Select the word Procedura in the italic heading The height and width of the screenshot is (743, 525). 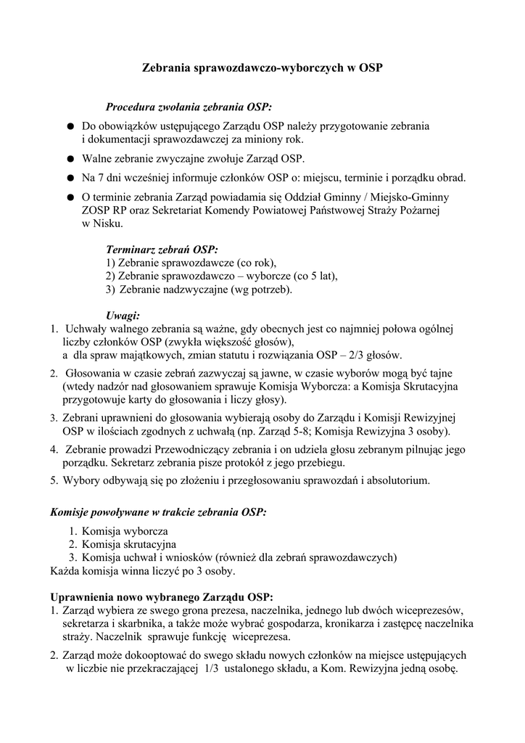click(131, 106)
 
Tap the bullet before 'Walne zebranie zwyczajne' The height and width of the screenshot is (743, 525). click(70, 158)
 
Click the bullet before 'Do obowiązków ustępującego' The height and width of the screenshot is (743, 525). click(70, 126)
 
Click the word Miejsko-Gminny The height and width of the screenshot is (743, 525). click(410, 196)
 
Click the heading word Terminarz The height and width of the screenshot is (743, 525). click(131, 249)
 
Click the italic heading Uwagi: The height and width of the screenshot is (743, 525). click(123, 315)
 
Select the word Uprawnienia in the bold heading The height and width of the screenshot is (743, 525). click(80, 597)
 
